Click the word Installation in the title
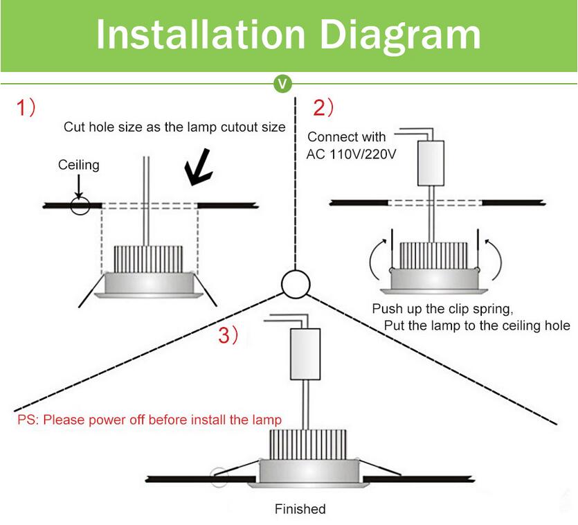[x=200, y=34]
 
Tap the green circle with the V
[x=282, y=84]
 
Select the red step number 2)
[x=323, y=108]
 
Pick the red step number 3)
[x=228, y=335]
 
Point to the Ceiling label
[x=78, y=165]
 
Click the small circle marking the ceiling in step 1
[x=80, y=206]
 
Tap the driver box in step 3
[x=305, y=354]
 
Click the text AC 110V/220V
[x=351, y=154]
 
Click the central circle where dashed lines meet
[x=295, y=283]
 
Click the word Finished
[x=300, y=509]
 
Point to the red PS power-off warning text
[x=150, y=420]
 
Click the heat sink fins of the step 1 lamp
[x=146, y=258]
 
